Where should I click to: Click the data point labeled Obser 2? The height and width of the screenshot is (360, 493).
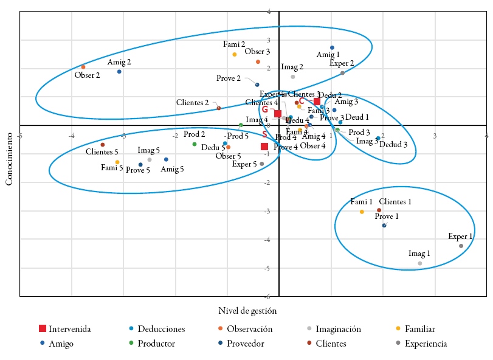[83, 67]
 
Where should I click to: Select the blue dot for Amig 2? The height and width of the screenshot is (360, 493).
[119, 72]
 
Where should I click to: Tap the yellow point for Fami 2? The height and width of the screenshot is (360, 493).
[235, 55]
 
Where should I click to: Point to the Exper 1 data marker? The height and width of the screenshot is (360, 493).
[461, 246]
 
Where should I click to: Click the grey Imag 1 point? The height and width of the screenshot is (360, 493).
[420, 263]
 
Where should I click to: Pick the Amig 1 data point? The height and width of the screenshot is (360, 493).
[332, 47]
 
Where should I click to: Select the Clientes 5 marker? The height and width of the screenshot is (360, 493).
[103, 145]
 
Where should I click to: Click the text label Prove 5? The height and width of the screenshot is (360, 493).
[137, 170]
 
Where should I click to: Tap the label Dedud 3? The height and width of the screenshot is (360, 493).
[393, 145]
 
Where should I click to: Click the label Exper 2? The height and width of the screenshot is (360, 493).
[342, 63]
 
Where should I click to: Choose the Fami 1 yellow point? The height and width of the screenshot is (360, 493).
[362, 212]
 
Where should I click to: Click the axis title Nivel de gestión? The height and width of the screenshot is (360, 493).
[247, 311]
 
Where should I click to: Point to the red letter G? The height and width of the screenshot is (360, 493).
[265, 110]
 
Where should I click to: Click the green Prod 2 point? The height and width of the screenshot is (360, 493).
[195, 144]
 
